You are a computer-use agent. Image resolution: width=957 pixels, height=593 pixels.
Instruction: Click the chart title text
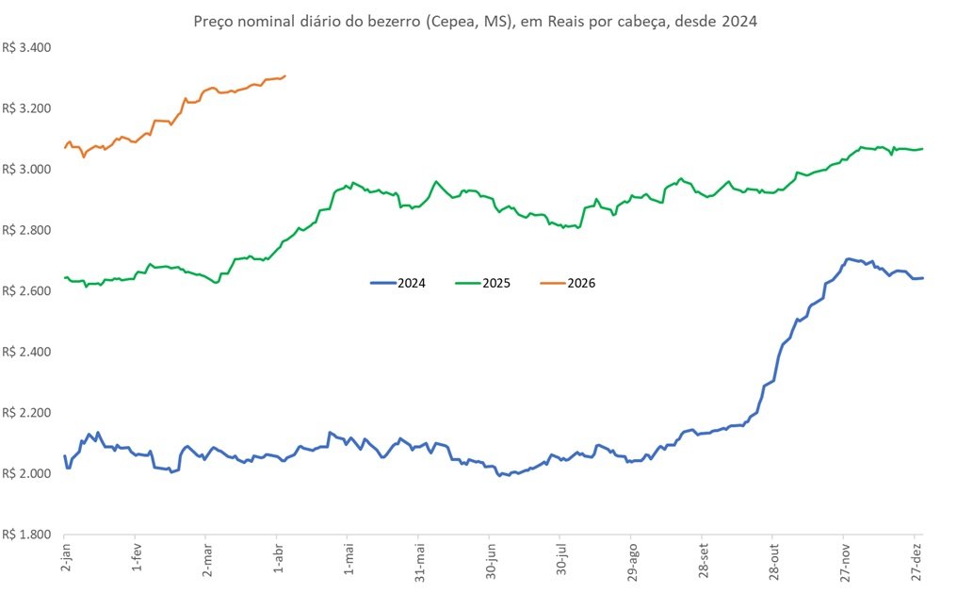click(x=475, y=21)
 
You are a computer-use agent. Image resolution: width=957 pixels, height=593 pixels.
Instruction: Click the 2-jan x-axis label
click(x=65, y=562)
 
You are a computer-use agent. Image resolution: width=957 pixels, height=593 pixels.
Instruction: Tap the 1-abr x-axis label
click(x=278, y=562)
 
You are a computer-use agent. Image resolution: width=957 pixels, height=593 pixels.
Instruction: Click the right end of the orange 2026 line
click(x=285, y=76)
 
